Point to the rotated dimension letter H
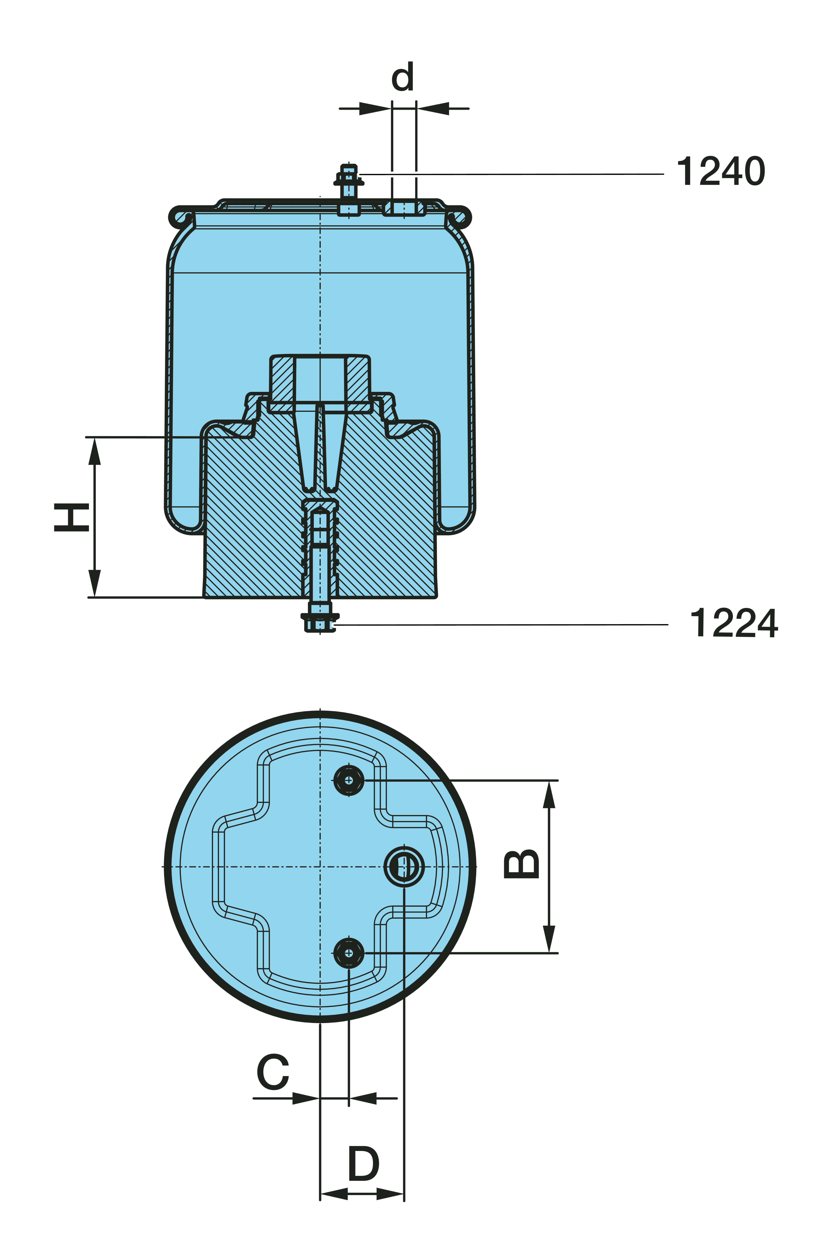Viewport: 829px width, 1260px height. [71, 517]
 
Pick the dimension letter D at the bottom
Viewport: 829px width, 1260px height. [364, 1164]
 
